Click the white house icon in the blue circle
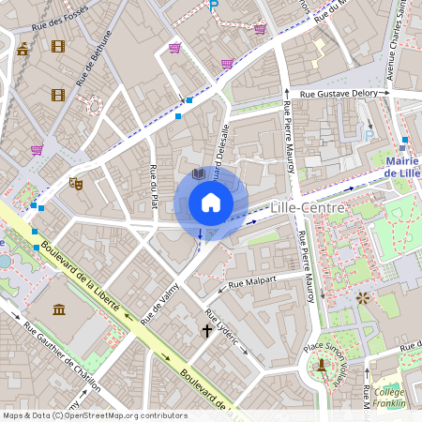210,203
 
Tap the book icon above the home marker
198,174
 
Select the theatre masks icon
76,184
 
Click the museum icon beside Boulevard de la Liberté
59,309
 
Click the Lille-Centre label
307,206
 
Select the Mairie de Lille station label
402,167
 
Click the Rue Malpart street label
254,280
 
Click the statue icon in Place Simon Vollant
322,362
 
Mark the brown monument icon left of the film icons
23,49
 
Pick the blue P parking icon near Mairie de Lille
369,135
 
